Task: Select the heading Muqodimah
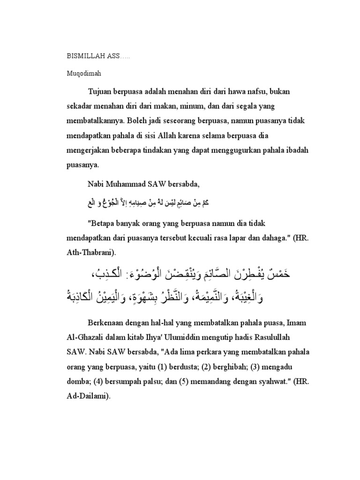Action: coord(82,74)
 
